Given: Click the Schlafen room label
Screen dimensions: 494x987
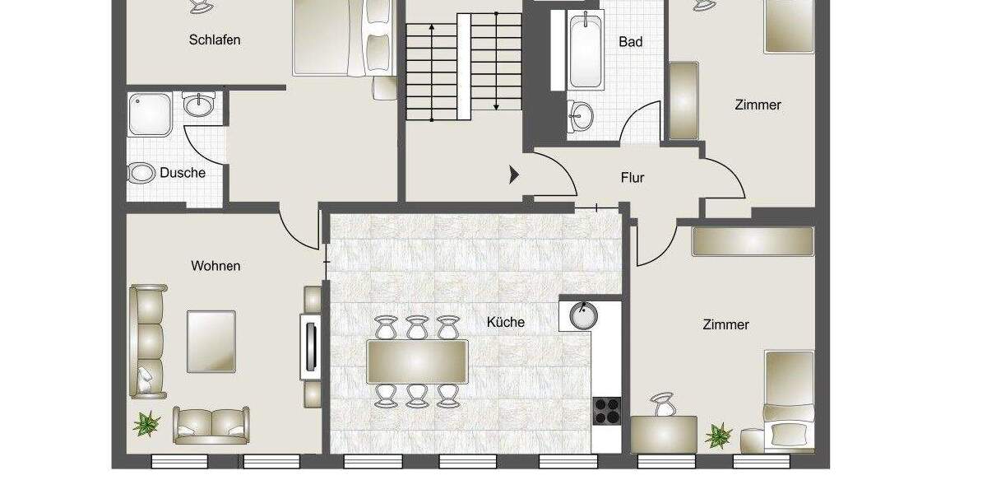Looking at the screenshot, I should pyautogui.click(x=214, y=40).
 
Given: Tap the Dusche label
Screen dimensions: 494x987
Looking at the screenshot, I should pyautogui.click(x=183, y=173).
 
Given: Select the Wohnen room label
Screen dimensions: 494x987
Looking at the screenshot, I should pyautogui.click(x=215, y=266).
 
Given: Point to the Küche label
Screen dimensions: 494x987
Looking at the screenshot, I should pyautogui.click(x=505, y=322).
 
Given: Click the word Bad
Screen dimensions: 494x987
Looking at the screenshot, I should pyautogui.click(x=630, y=41).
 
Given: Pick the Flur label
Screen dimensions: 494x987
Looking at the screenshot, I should pyautogui.click(x=633, y=177).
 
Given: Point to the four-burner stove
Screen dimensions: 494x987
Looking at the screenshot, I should pyautogui.click(x=607, y=409).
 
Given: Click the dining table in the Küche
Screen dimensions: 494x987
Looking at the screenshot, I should pyautogui.click(x=417, y=361).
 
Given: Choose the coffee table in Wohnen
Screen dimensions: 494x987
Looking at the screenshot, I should pyautogui.click(x=211, y=340).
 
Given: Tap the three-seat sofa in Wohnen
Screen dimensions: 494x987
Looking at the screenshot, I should pyautogui.click(x=149, y=341).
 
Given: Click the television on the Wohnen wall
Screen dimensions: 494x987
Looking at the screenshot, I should pyautogui.click(x=311, y=347).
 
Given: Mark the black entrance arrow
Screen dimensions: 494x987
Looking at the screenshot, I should pyautogui.click(x=514, y=175).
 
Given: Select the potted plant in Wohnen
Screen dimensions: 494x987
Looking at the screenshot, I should pyautogui.click(x=147, y=424).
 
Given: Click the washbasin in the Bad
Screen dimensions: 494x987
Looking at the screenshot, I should pyautogui.click(x=582, y=114).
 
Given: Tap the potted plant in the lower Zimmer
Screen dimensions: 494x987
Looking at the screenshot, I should pyautogui.click(x=719, y=434).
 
